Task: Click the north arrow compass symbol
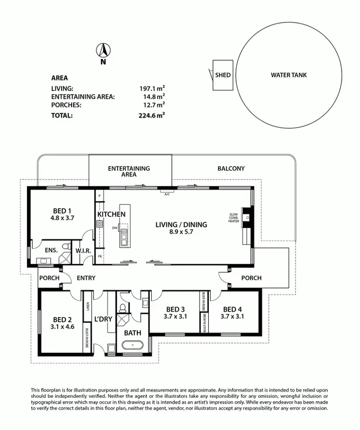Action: point(103,50)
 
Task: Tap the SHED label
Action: point(223,75)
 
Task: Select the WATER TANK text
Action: point(288,75)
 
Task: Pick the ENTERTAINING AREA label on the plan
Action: point(129,171)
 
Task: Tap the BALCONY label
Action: point(231,168)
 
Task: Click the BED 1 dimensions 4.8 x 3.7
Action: point(61,217)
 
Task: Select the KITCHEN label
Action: point(111,214)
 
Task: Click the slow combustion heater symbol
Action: point(247,217)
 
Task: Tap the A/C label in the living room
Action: point(167,194)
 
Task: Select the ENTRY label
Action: point(86,278)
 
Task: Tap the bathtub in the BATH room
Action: point(131,345)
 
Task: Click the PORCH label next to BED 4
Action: point(251,278)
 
